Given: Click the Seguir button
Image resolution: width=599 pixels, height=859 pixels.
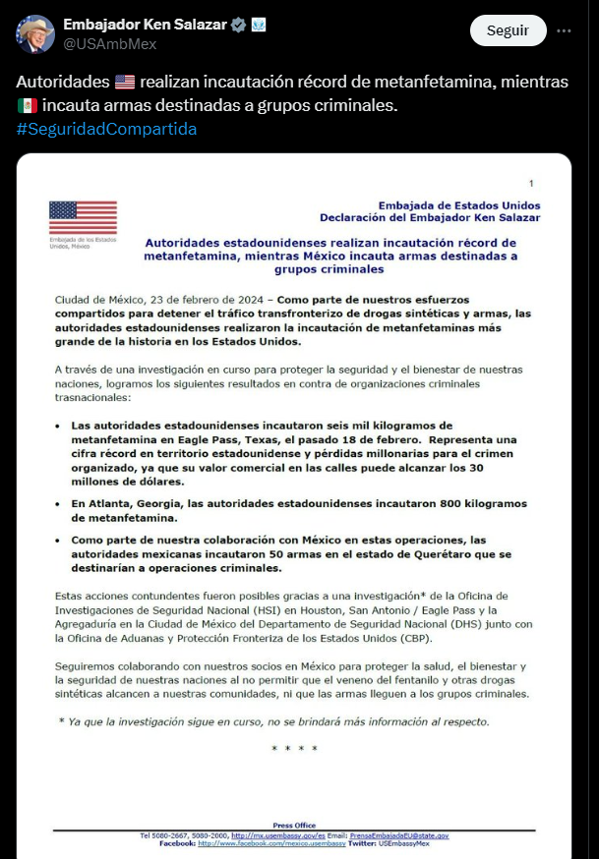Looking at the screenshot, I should (x=508, y=30).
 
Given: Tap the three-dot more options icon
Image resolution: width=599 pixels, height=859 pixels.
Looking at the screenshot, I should (x=564, y=30).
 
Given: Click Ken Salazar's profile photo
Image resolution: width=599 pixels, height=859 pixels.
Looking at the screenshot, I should (x=35, y=33).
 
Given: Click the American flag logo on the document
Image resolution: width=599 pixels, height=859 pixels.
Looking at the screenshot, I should (x=83, y=217).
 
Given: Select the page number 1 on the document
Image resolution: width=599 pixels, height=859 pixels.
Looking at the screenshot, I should (x=531, y=184).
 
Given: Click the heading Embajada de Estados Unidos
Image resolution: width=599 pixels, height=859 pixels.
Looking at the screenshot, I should (x=458, y=205).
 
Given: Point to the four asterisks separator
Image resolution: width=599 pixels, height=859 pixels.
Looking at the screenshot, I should (x=295, y=749).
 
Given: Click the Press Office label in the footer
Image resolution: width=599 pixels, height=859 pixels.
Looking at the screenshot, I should (x=294, y=826).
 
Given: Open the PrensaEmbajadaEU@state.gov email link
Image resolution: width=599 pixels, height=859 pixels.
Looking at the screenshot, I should (x=398, y=835).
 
